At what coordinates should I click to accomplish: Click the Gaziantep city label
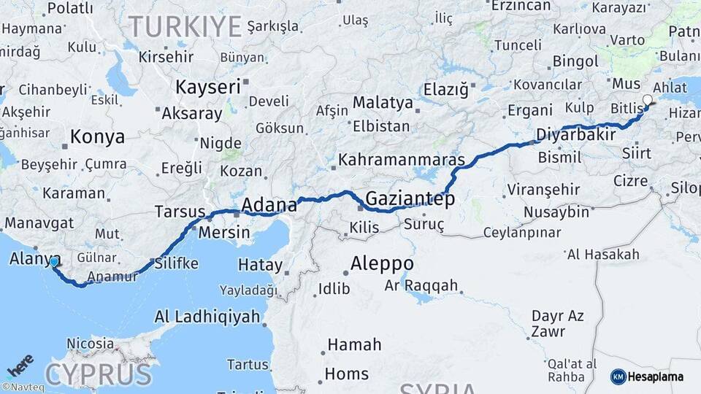point(410,198)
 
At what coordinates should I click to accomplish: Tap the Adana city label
point(269,204)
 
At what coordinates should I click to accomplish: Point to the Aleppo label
point(382,263)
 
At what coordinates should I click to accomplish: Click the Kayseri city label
point(208,88)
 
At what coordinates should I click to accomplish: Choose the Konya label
point(97,137)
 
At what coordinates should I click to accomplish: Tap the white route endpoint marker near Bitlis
point(647,100)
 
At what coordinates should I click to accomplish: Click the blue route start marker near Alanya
point(54,261)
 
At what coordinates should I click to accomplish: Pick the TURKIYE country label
point(185,27)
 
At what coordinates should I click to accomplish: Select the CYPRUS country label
point(99,374)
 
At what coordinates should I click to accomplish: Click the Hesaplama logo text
point(656,376)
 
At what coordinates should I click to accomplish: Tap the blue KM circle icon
point(618,376)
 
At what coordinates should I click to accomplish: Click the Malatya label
point(383,102)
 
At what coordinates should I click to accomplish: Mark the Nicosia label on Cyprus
point(90,343)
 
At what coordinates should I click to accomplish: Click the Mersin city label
point(226,234)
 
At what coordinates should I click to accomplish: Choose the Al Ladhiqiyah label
point(207,317)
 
